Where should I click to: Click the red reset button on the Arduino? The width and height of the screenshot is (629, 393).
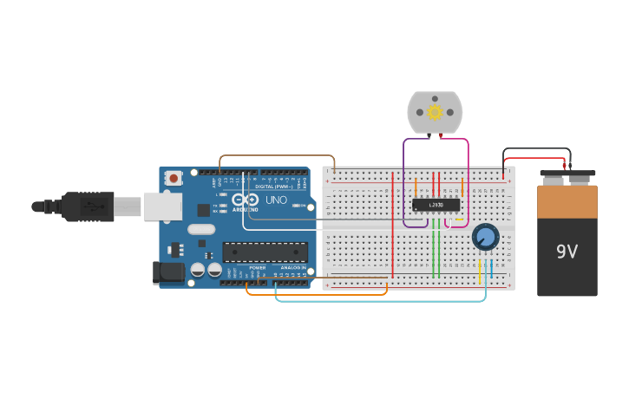174,178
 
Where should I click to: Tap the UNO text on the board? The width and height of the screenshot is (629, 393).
276,200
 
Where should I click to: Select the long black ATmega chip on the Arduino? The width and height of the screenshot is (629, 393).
265,252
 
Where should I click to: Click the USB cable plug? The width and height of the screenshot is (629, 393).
88,206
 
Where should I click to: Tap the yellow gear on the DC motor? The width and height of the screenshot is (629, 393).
435,112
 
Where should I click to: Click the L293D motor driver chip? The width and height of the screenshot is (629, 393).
436,205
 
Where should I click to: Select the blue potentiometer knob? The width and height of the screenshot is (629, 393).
485,236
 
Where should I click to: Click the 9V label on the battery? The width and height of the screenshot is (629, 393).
567,252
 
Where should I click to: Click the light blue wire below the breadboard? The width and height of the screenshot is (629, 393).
382,300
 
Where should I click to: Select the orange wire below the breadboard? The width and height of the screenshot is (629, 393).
317,294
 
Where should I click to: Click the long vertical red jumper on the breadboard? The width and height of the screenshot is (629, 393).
392,226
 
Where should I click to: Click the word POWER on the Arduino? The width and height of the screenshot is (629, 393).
258,268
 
